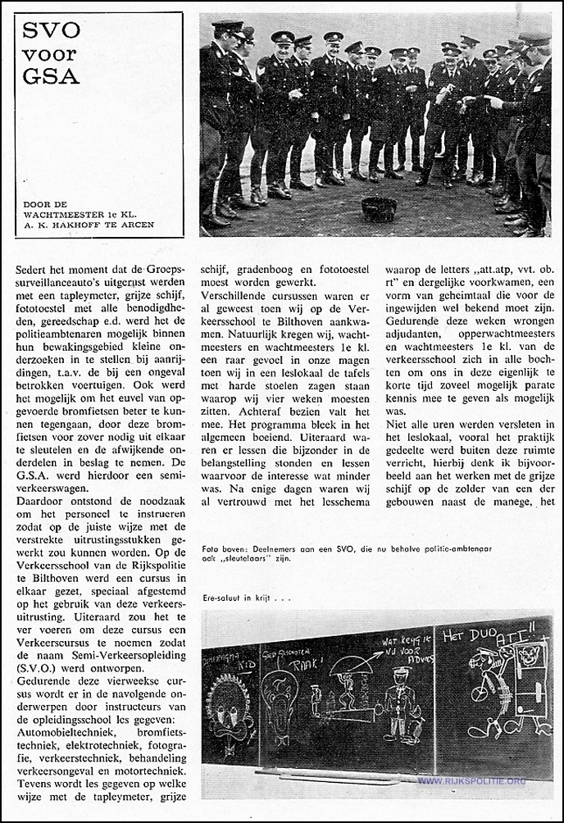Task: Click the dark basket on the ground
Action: tap(379, 209)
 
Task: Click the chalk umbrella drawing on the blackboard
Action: tap(351, 662)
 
